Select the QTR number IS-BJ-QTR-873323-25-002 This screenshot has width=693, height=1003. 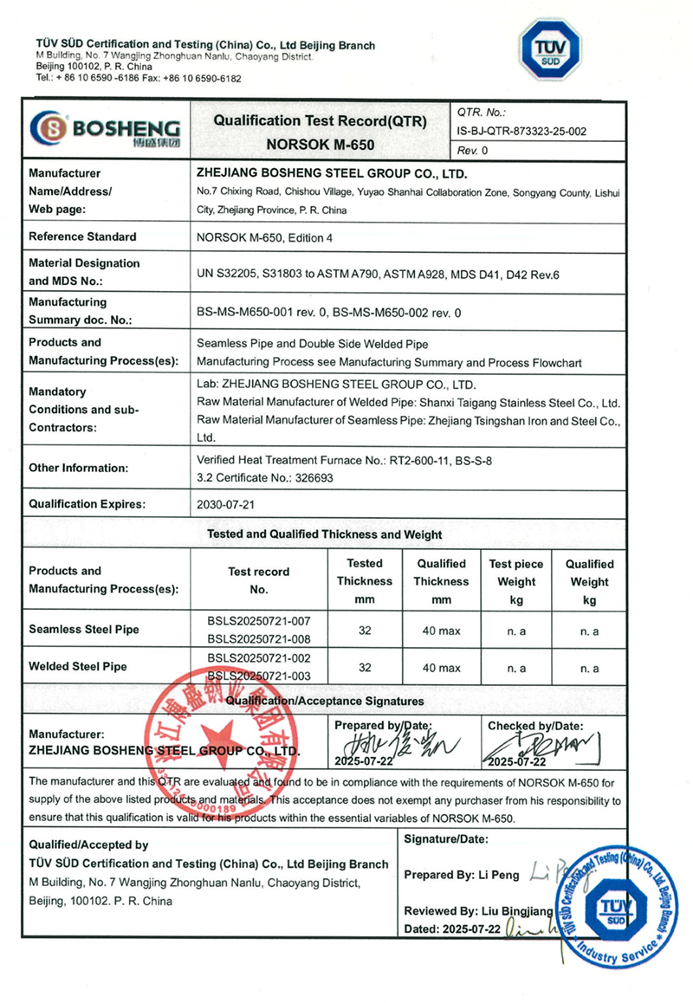click(521, 132)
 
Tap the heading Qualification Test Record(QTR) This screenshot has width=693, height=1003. click(320, 121)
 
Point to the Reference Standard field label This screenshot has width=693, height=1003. click(82, 236)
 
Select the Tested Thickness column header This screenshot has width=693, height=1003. click(365, 581)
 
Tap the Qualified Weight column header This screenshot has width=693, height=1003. click(589, 581)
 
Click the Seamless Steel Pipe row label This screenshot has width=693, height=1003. click(83, 630)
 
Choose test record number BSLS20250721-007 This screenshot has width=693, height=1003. click(258, 620)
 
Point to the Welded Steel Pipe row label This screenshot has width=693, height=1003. click(78, 666)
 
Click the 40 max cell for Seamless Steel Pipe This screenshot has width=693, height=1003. click(441, 631)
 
